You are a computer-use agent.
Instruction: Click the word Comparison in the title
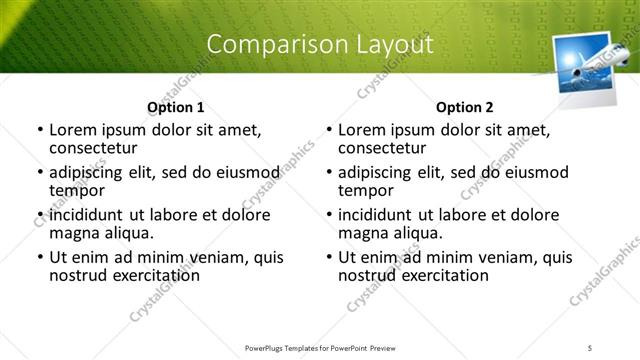click(263, 44)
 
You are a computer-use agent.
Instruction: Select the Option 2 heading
click(464, 107)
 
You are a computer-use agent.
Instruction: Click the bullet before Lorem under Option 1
click(40, 130)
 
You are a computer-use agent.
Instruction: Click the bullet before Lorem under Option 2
click(329, 130)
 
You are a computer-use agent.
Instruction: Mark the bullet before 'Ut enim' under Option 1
click(40, 258)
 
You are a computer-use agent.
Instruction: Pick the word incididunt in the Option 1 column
click(89, 215)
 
